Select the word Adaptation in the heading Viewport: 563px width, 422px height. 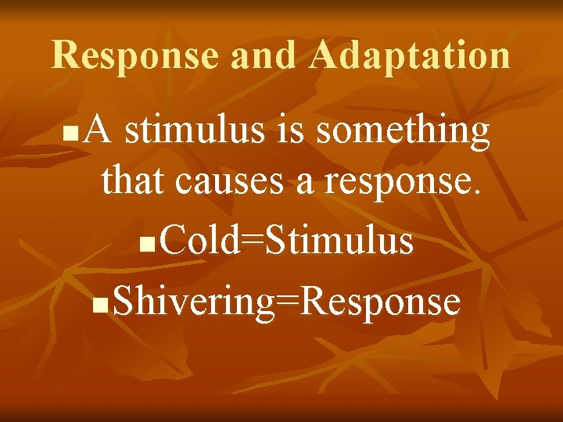tap(409, 55)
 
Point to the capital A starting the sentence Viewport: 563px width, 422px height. tap(99, 131)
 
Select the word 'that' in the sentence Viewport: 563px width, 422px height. tap(134, 181)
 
